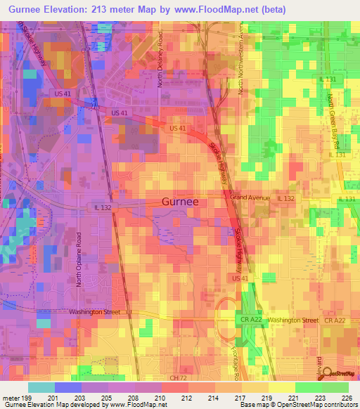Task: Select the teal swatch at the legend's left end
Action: pos(41,387)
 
